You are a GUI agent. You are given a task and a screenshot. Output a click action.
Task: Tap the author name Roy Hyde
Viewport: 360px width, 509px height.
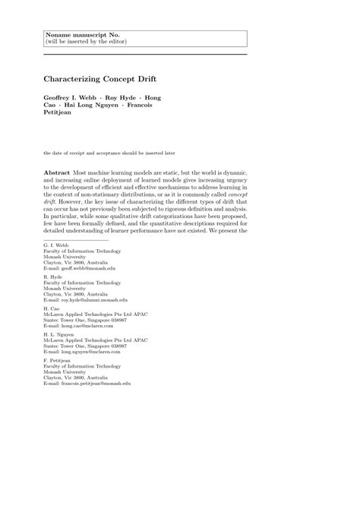130,98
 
